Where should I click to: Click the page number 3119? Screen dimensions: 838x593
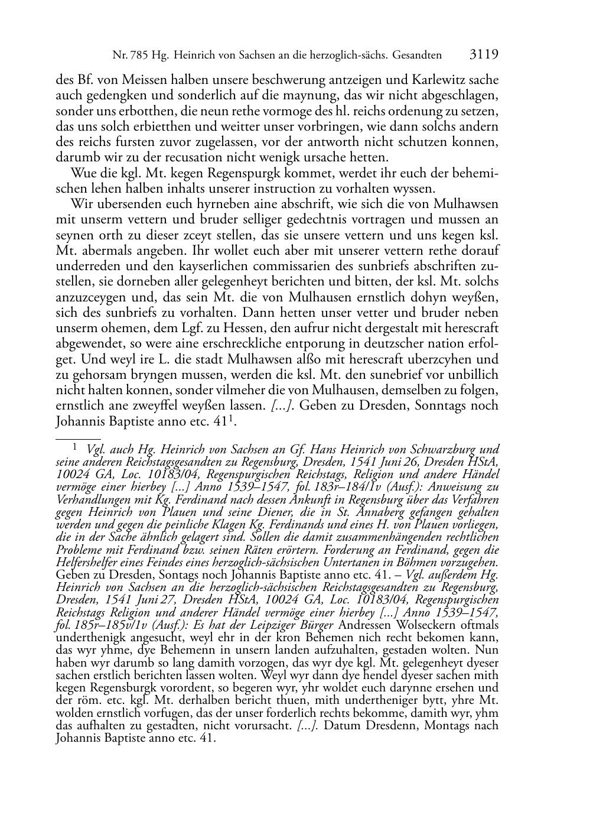[x=484, y=55]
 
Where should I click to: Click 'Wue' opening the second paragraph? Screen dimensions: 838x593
[x=81, y=174]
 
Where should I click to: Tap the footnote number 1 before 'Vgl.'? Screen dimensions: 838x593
[x=74, y=448]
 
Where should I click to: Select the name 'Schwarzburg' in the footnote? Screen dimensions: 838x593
[x=438, y=450]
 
